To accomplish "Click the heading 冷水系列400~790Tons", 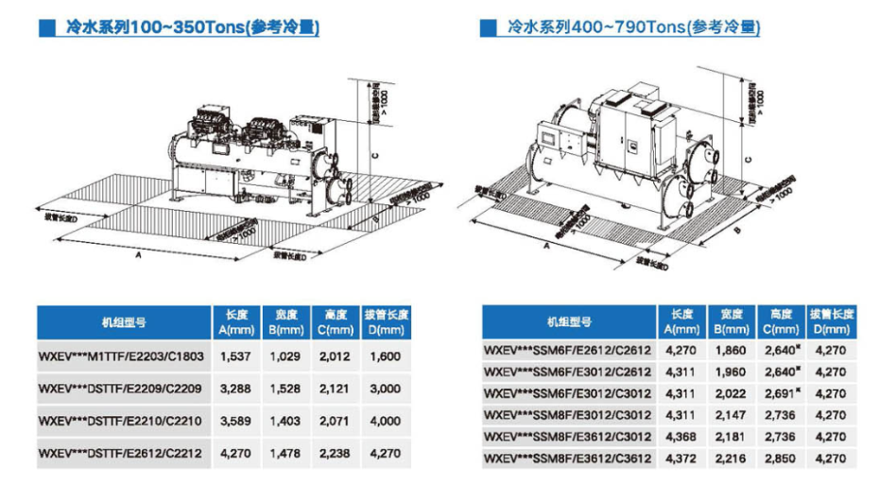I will tap(632, 28).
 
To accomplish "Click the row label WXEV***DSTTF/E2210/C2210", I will tap(117, 421).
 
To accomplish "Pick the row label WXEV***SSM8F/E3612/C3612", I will tap(566, 459).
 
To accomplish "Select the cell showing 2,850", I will tap(779, 459).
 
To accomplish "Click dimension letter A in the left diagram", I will tap(140, 254).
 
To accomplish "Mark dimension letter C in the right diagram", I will tap(748, 161).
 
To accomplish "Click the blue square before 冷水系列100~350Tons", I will tap(45, 28).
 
